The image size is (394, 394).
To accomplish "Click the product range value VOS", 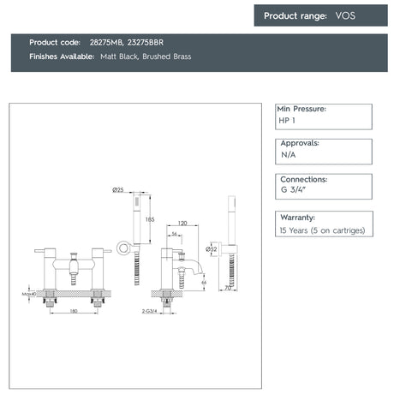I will click(x=347, y=15).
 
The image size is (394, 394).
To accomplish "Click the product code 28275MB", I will click(x=104, y=42).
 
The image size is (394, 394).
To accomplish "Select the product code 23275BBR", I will click(x=147, y=42).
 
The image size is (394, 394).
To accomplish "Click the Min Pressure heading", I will click(x=302, y=110).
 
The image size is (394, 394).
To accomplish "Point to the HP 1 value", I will click(x=287, y=122).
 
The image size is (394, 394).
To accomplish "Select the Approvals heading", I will click(x=300, y=144).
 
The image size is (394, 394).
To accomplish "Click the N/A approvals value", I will click(x=288, y=157).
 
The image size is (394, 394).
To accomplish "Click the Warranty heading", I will click(x=297, y=218).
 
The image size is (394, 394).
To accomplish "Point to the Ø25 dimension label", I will click(x=118, y=188).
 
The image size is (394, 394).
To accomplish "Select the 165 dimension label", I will click(x=151, y=220).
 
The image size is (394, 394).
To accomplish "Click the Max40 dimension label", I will click(x=27, y=294).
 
